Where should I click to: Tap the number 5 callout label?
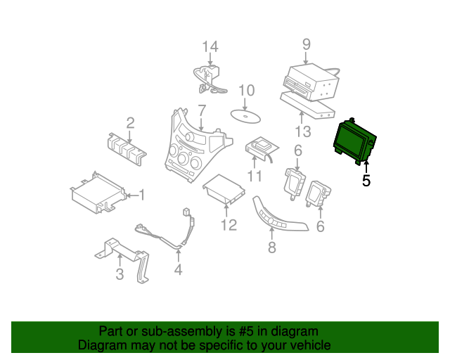click(x=366, y=181)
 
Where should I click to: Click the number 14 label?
click(x=211, y=47)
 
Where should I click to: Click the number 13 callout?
click(x=302, y=131)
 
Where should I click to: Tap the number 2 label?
click(x=130, y=123)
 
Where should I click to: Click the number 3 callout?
click(x=120, y=274)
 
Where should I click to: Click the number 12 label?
click(x=229, y=225)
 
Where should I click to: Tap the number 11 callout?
click(x=254, y=175)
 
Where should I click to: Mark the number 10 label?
click(x=245, y=90)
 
